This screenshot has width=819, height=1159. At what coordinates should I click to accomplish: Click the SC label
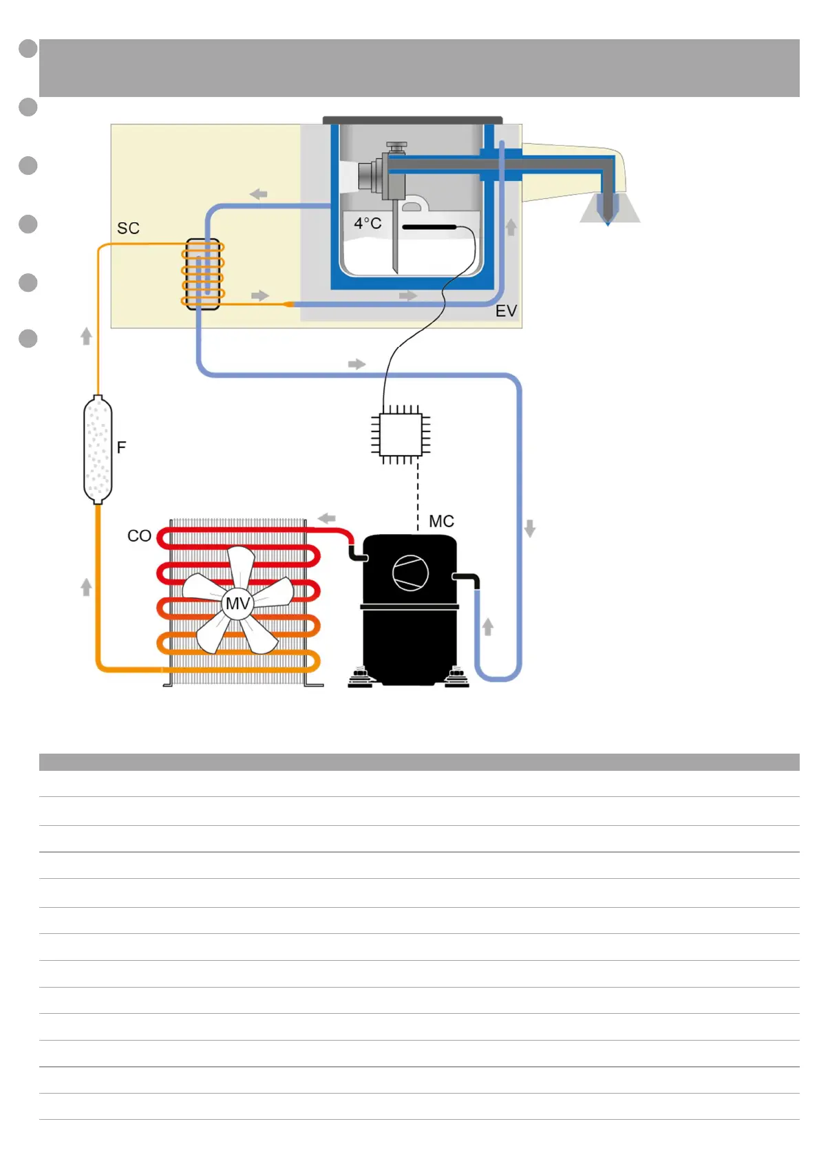128,228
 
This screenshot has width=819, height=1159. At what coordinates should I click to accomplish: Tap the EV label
506,311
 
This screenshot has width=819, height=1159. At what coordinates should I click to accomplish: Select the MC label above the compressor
441,521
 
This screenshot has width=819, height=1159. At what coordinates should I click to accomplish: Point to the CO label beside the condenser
139,535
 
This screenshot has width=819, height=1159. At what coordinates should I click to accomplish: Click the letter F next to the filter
122,447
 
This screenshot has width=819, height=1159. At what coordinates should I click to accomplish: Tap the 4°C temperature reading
368,223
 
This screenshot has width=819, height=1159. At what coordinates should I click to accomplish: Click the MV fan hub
237,604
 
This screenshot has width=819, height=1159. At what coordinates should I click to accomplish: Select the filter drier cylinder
98,449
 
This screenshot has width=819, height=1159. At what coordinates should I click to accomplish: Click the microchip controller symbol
401,434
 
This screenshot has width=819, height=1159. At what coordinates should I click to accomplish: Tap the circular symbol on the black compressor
410,572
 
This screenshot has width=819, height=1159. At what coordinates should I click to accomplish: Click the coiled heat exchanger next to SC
202,274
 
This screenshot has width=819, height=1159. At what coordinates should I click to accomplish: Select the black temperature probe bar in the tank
429,226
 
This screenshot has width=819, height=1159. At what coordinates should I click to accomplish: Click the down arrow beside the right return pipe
529,529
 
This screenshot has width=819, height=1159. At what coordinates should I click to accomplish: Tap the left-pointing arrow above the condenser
327,518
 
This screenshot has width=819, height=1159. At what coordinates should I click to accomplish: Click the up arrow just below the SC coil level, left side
86,336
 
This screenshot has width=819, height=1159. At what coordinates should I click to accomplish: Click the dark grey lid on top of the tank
412,120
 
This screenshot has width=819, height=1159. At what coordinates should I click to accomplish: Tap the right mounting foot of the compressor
456,677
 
